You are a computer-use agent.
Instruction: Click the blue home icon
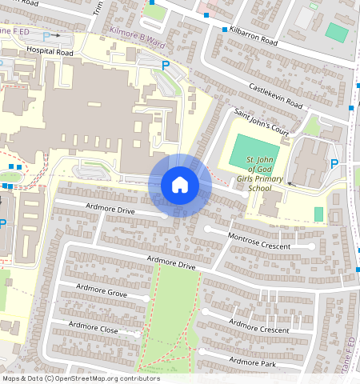coord(180,185)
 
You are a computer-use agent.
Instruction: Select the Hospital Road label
coord(50,50)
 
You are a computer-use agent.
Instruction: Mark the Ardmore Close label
coord(94,327)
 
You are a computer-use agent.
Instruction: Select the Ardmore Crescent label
coord(258,326)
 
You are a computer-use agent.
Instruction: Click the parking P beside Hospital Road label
coord(46,36)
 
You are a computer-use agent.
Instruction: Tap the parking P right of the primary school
coord(334,164)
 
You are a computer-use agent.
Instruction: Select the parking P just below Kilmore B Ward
coord(166,66)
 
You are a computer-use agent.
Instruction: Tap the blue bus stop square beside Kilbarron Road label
coord(224,30)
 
